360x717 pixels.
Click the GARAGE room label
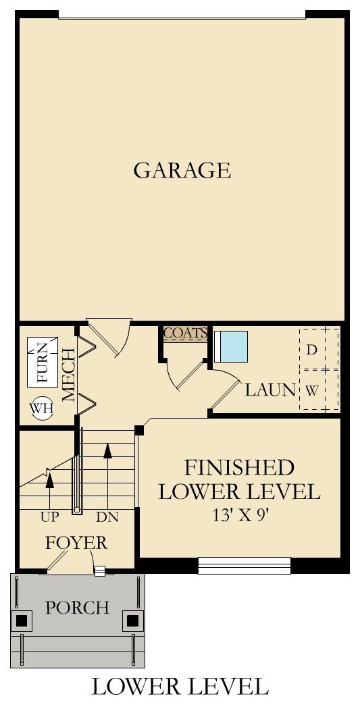tap(182, 169)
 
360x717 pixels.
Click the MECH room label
tap(68, 375)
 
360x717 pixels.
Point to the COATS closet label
tap(185, 334)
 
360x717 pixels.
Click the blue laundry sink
tap(231, 346)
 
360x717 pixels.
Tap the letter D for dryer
tap(311, 350)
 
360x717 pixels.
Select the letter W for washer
tap(311, 390)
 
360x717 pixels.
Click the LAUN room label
tap(270, 390)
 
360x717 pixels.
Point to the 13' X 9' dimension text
tap(239, 516)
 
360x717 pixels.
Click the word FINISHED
tap(239, 467)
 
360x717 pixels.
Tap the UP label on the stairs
tap(49, 517)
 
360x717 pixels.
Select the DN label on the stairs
tap(107, 517)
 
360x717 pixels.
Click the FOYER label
tap(76, 543)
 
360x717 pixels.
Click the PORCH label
tap(77, 608)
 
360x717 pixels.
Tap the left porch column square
tap(22, 619)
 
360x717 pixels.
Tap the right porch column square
tap(132, 619)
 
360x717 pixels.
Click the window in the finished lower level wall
tap(245, 565)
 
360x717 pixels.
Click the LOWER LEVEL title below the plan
tap(180, 687)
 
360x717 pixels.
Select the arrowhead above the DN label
tap(107, 450)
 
